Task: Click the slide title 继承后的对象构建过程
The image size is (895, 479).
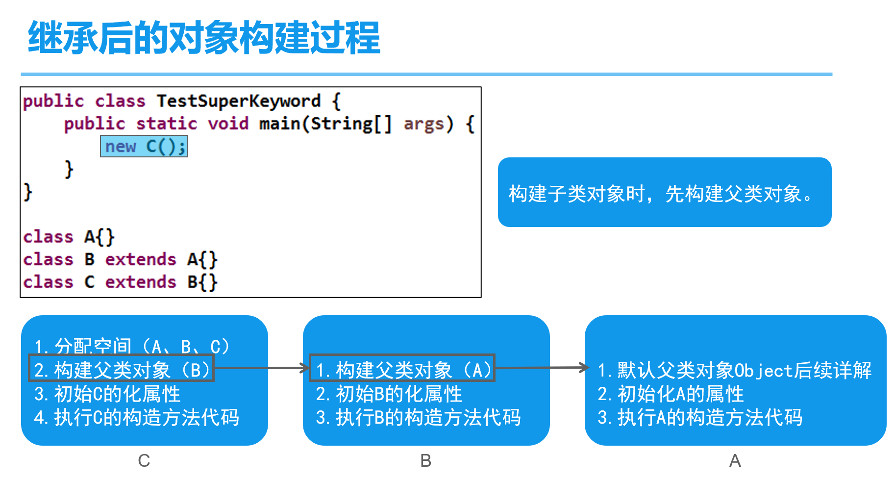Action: pyautogui.click(x=204, y=38)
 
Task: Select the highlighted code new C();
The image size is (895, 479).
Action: pyautogui.click(x=144, y=146)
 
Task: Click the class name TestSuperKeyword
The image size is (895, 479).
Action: pyautogui.click(x=238, y=101)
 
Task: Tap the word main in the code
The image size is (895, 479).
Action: pyautogui.click(x=279, y=124)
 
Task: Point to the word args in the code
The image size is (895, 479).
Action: pyautogui.click(x=423, y=124)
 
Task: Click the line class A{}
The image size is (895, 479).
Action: pyautogui.click(x=69, y=237)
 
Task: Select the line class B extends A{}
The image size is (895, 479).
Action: pyautogui.click(x=120, y=259)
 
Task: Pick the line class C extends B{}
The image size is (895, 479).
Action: pyautogui.click(x=120, y=282)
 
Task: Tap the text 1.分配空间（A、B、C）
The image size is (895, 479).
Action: pyautogui.click(x=131, y=346)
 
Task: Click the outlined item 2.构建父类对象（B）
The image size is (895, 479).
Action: pyautogui.click(x=122, y=369)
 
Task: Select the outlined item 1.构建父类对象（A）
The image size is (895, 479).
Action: pyautogui.click(x=402, y=369)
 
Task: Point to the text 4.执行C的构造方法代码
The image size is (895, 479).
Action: pyautogui.click(x=136, y=417)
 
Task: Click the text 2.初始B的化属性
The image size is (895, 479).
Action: pyautogui.click(x=389, y=394)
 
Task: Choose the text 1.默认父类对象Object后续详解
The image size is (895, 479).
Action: pyautogui.click(x=734, y=370)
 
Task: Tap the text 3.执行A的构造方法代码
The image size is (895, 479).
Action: pyautogui.click(x=700, y=417)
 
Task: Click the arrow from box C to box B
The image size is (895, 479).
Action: pyautogui.click(x=261, y=368)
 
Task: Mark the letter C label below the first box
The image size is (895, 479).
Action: pyautogui.click(x=144, y=460)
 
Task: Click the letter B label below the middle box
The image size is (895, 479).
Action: pyautogui.click(x=425, y=460)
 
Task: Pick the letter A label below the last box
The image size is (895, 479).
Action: pyautogui.click(x=735, y=460)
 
